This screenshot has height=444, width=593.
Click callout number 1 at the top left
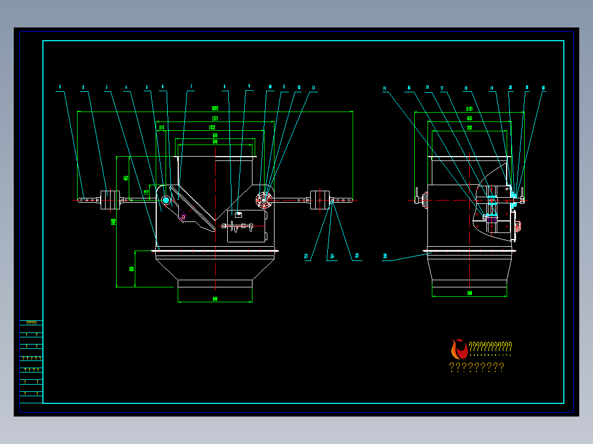[x=60, y=87]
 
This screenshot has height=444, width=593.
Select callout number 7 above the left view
[x=191, y=86]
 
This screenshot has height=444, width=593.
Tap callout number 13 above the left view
[x=314, y=87]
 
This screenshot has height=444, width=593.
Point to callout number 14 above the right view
[x=385, y=88]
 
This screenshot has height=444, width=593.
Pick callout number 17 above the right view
[x=442, y=88]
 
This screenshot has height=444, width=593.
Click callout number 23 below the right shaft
[x=306, y=256]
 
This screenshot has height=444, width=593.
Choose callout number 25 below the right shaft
[x=357, y=256]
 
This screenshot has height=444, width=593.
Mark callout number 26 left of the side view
[x=385, y=256]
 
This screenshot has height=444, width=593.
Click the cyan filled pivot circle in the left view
[x=166, y=200]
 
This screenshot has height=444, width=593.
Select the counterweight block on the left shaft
[x=110, y=201]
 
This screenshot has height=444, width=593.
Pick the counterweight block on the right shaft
[x=320, y=201]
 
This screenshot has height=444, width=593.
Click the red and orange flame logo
[x=458, y=349]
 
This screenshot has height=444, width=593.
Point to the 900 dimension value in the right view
[x=469, y=118]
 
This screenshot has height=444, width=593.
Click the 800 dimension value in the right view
[x=469, y=127]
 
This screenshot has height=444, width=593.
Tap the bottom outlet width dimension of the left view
[x=215, y=298]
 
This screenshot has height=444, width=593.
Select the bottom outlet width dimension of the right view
[x=469, y=293]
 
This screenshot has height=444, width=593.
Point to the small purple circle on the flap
[x=184, y=217]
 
